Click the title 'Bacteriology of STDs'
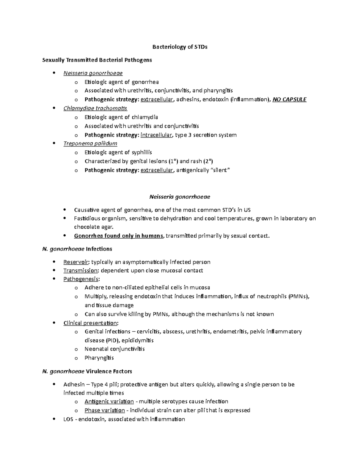tap(180, 47)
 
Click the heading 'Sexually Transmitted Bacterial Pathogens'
tap(97, 60)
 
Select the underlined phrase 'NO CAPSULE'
tap(289, 100)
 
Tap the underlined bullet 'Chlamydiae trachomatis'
tap(95, 108)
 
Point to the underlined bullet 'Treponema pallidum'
tap(90, 143)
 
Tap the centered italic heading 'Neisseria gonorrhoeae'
tap(180, 197)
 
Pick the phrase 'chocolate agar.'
tap(94, 227)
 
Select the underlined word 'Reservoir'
tap(76, 262)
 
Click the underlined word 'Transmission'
tap(80, 271)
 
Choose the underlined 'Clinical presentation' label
tap(90, 323)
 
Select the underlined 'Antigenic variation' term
tap(109, 401)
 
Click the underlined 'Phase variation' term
tap(104, 410)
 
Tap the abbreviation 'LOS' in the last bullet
tap(68, 419)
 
